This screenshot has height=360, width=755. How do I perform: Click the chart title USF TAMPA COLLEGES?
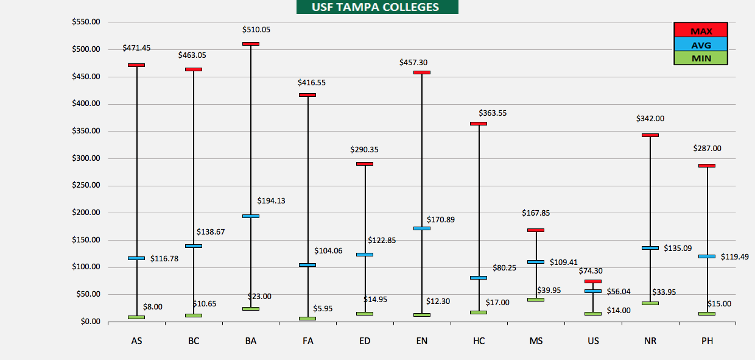(x=376, y=7)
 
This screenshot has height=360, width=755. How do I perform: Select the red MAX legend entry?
(x=701, y=30)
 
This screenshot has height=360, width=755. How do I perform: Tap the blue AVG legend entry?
(x=701, y=44)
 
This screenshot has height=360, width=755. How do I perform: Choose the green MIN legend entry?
(x=701, y=58)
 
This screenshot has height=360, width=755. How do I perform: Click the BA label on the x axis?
(x=250, y=341)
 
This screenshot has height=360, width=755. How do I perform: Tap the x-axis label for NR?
(x=650, y=341)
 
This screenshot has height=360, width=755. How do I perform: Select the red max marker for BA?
(x=250, y=44)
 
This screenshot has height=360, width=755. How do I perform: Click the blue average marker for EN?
(x=421, y=228)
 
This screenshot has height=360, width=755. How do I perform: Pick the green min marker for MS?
(x=536, y=300)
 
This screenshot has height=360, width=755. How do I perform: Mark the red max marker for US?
(x=593, y=281)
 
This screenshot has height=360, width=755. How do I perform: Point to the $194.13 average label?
(x=271, y=200)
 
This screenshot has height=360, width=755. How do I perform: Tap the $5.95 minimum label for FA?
(x=323, y=309)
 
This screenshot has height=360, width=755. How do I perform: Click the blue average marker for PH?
(x=707, y=256)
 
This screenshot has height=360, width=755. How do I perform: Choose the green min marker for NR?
(x=650, y=303)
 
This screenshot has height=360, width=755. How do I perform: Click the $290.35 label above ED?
(x=364, y=149)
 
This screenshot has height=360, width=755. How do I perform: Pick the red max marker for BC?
(x=194, y=69)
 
